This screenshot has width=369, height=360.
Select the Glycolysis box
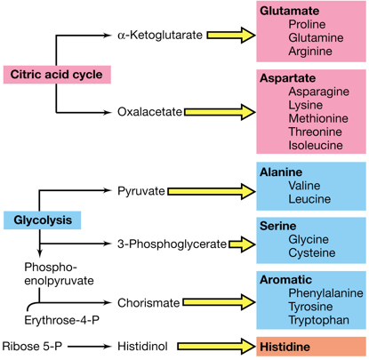[43, 219]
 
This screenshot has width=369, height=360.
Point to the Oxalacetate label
[149, 112]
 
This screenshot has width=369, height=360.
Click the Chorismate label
[148, 304]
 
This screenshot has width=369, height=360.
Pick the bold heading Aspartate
[287, 78]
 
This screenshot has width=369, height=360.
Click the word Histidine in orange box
[285, 346]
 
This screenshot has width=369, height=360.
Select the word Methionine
[317, 118]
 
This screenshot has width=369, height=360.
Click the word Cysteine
[312, 253]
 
